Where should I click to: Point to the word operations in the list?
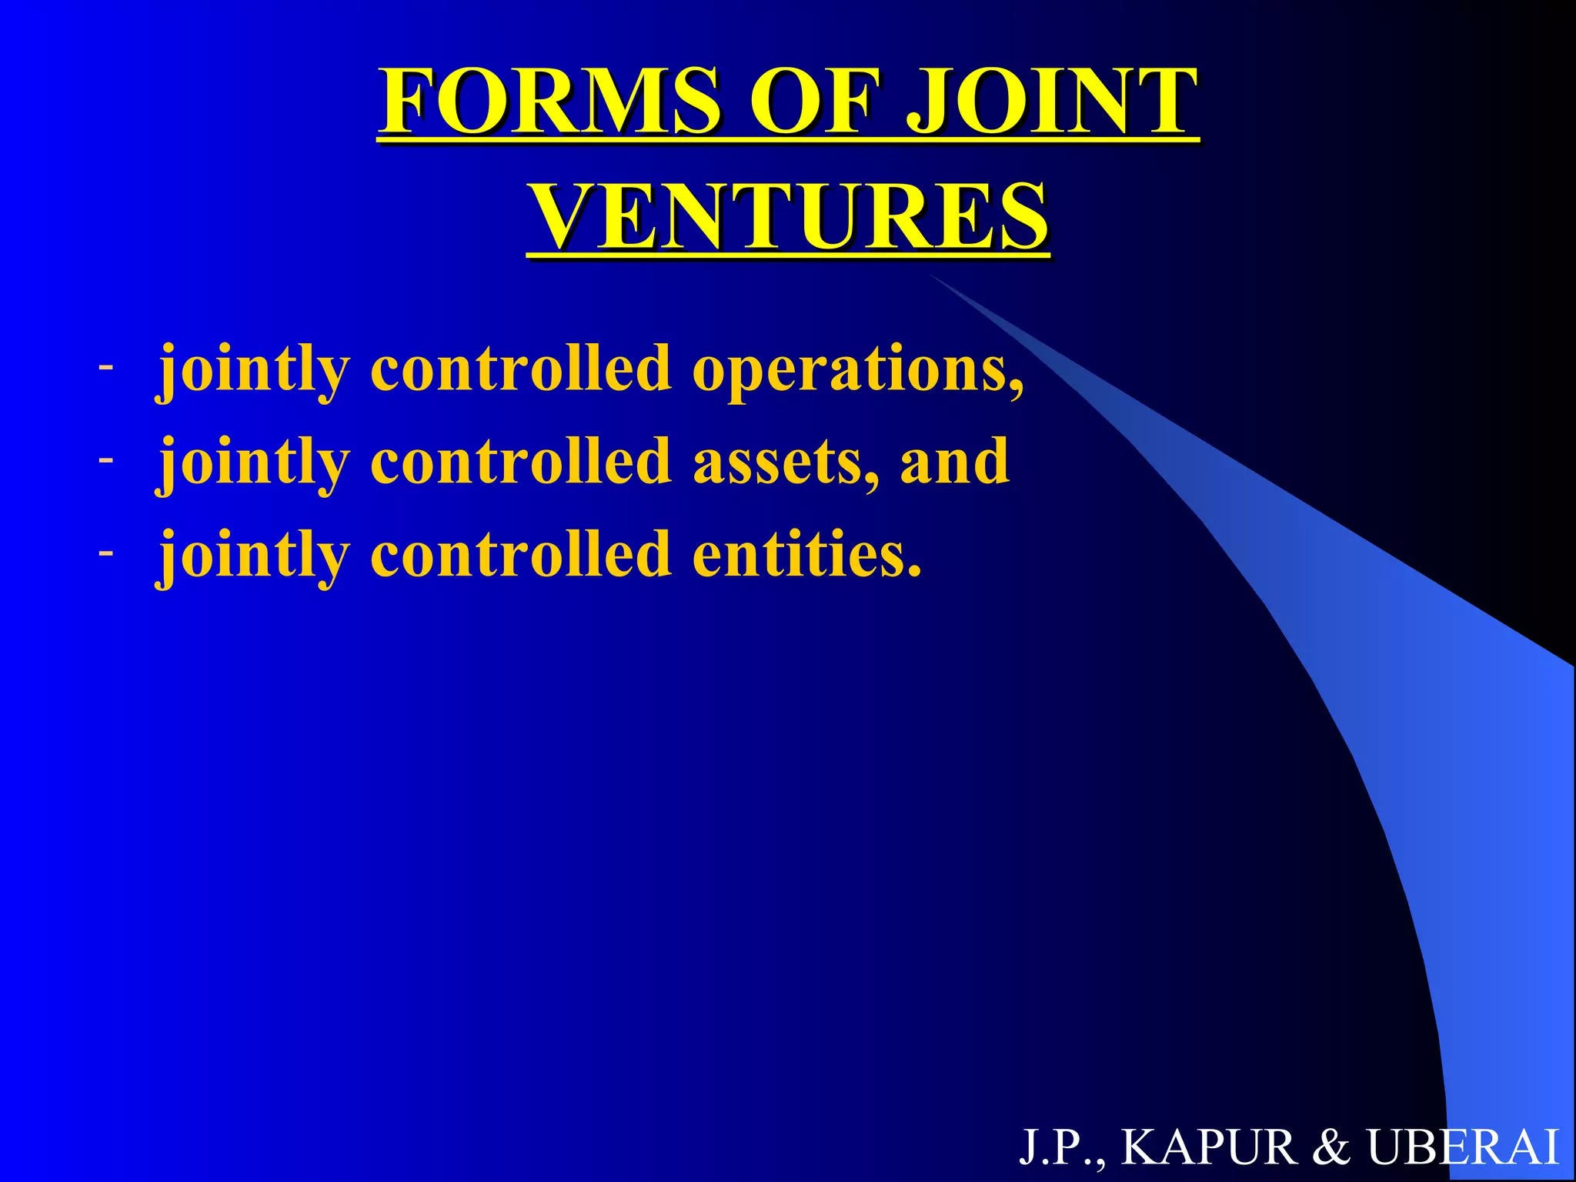tap(858, 370)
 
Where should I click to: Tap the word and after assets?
tap(954, 462)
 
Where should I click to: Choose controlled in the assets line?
tap(521, 462)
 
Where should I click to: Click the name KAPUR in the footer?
tap(1209, 1147)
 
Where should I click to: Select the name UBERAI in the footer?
tap(1462, 1147)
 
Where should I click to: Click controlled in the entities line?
tap(521, 554)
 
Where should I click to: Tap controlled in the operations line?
tap(521, 369)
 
